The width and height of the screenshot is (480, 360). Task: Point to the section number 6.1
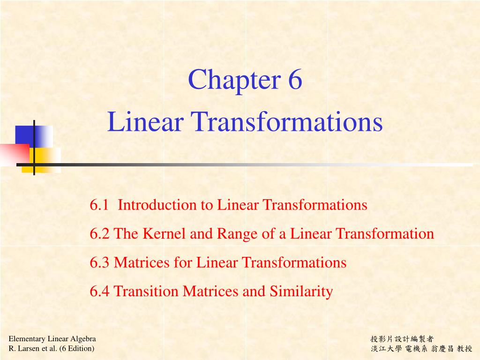point(99,205)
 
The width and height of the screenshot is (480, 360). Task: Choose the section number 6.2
point(100,233)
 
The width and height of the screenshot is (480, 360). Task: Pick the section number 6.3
point(100,262)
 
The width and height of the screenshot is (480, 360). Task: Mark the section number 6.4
point(100,292)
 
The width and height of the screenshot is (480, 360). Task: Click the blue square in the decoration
point(26,136)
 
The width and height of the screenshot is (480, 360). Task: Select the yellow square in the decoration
point(47,159)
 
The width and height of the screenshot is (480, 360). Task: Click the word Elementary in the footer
point(28,339)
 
